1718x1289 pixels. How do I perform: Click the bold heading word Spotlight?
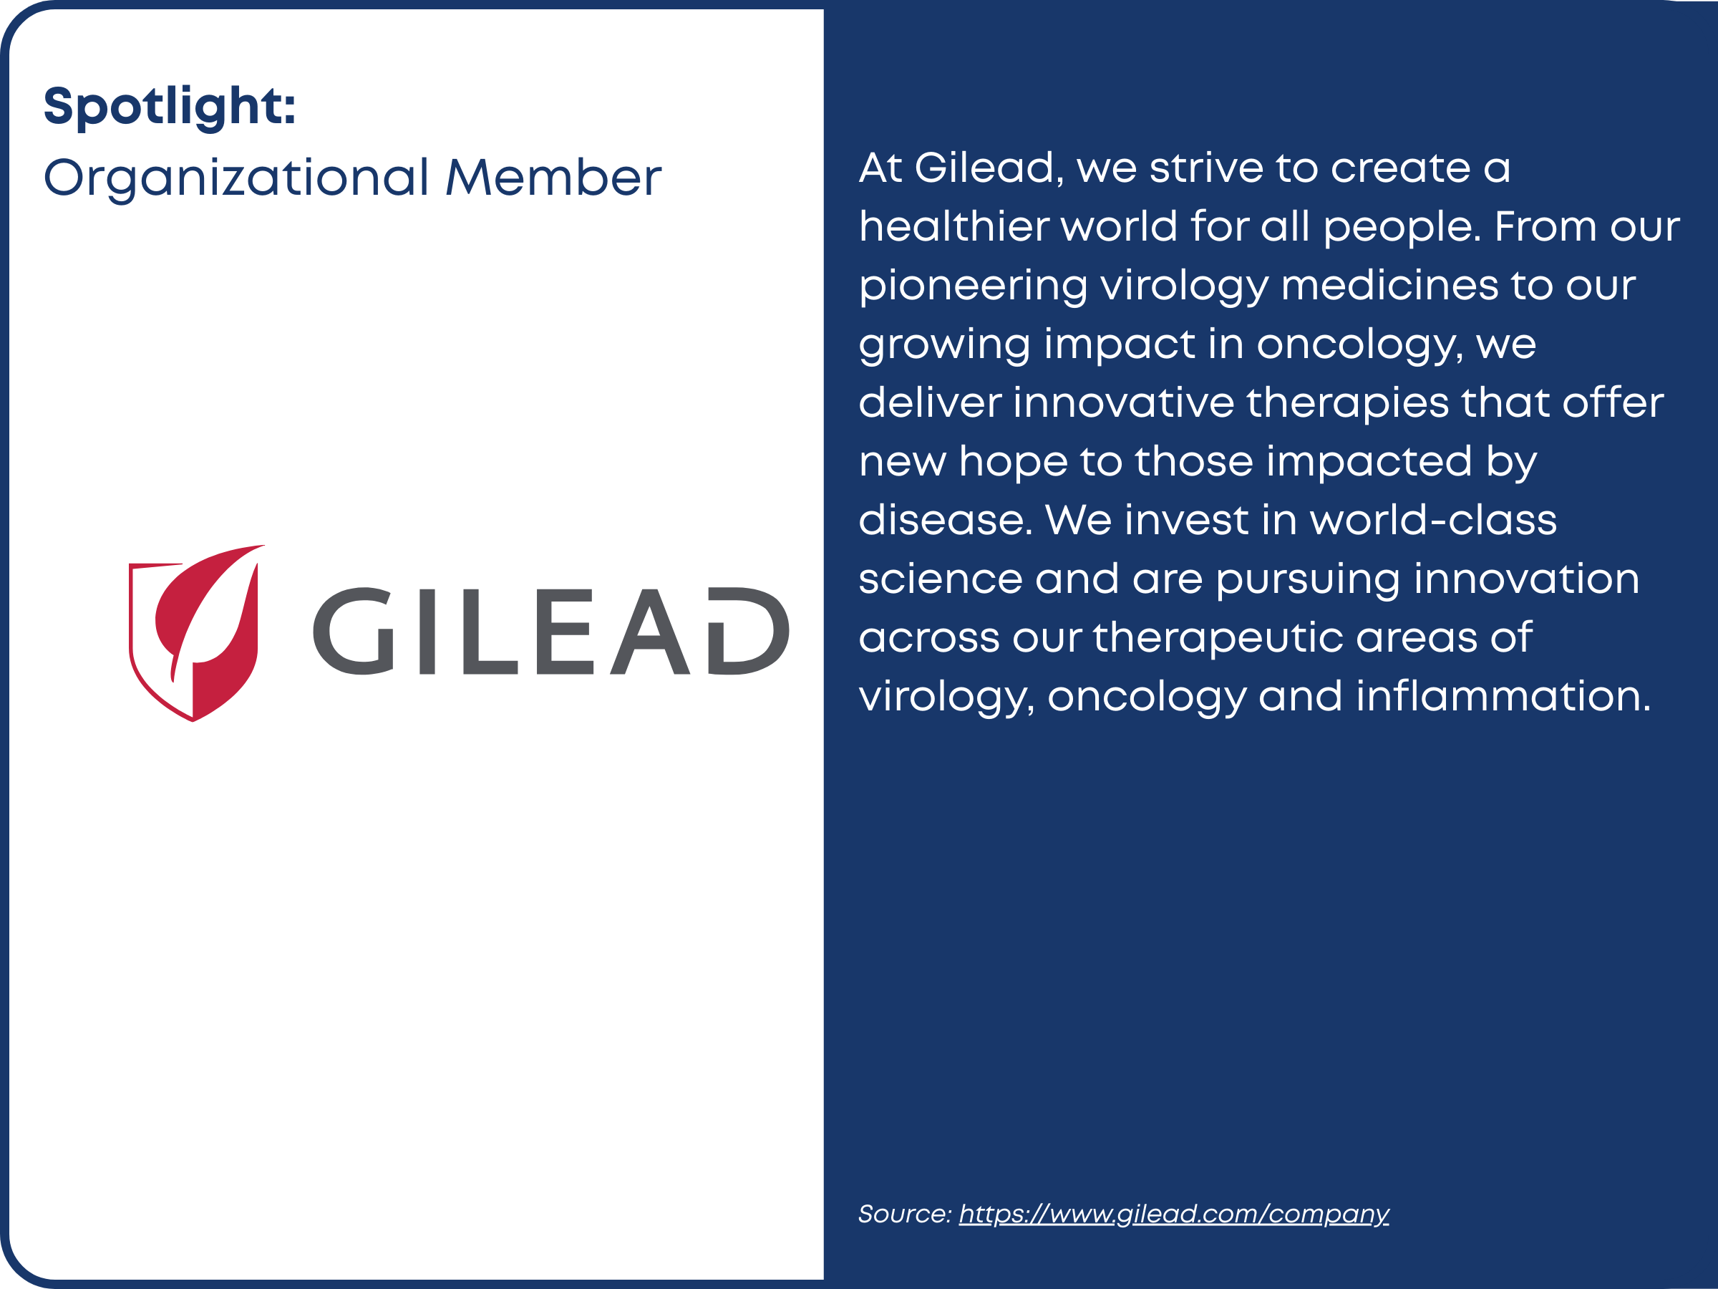pos(170,107)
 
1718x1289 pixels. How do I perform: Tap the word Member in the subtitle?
pos(553,178)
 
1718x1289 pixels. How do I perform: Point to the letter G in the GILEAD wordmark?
pos(354,630)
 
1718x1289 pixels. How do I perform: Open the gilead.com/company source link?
pos(1173,1215)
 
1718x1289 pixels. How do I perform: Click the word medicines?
pos(1389,284)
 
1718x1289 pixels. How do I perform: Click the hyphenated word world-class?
pos(1433,520)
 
